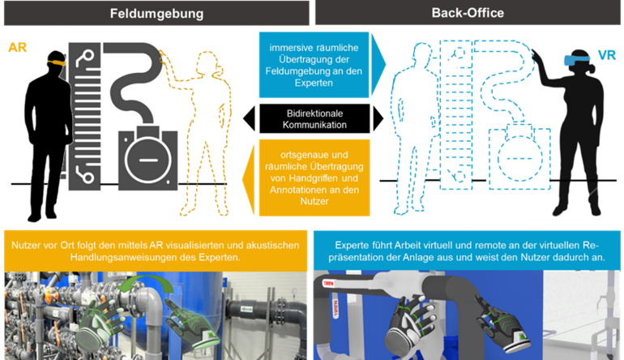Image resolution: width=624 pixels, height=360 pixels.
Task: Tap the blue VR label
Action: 606,55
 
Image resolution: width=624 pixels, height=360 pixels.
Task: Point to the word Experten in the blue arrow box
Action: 314,91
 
